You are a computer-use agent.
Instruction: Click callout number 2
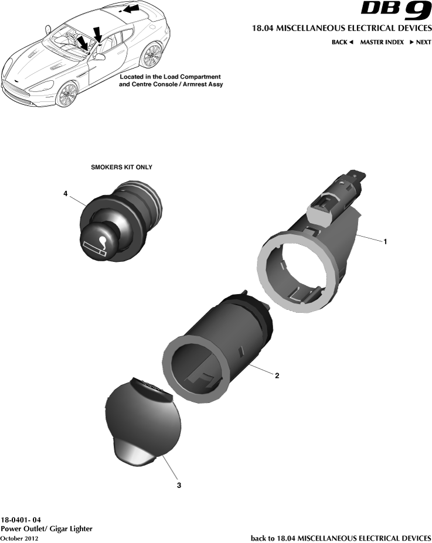pyautogui.click(x=277, y=376)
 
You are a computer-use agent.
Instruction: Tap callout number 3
pyautogui.click(x=179, y=485)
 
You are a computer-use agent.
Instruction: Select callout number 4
pyautogui.click(x=66, y=193)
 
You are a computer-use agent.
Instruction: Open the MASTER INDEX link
pyautogui.click(x=382, y=42)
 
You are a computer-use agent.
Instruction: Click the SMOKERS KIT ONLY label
pyautogui.click(x=121, y=167)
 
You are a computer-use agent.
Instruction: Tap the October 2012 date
pyautogui.click(x=19, y=538)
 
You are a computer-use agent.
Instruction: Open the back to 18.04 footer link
pyautogui.click(x=341, y=538)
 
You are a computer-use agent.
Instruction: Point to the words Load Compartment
pyautogui.click(x=192, y=77)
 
